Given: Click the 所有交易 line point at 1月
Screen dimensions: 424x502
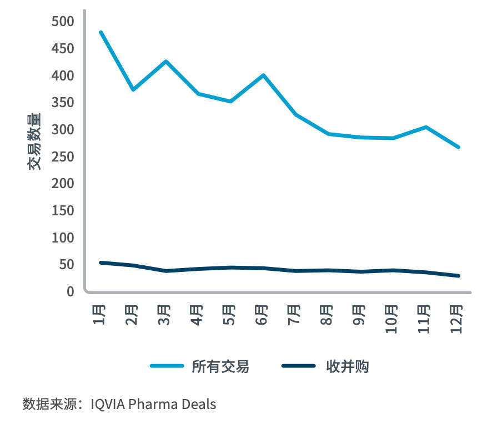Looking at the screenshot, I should click(101, 32).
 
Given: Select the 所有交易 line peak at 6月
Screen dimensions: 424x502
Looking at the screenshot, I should click(263, 75).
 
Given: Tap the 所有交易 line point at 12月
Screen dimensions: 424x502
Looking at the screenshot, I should click(459, 147).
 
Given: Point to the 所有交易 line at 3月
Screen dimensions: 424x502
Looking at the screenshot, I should click(165, 61).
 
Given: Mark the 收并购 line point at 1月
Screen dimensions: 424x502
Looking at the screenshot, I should click(101, 263).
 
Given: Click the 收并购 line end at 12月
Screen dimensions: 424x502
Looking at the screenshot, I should click(459, 276).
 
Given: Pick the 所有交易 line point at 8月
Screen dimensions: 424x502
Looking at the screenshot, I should click(328, 134).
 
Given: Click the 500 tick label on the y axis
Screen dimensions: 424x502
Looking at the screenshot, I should click(63, 22).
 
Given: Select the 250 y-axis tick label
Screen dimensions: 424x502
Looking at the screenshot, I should click(63, 157).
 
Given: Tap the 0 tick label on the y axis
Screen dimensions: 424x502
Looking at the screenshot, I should click(70, 292).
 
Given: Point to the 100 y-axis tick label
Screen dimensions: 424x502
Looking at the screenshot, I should click(63, 238).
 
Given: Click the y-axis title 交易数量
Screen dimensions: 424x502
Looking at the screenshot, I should click(34, 141).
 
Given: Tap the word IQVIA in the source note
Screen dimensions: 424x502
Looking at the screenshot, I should click(108, 403).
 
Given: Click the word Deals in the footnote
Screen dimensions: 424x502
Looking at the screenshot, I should click(198, 403).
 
